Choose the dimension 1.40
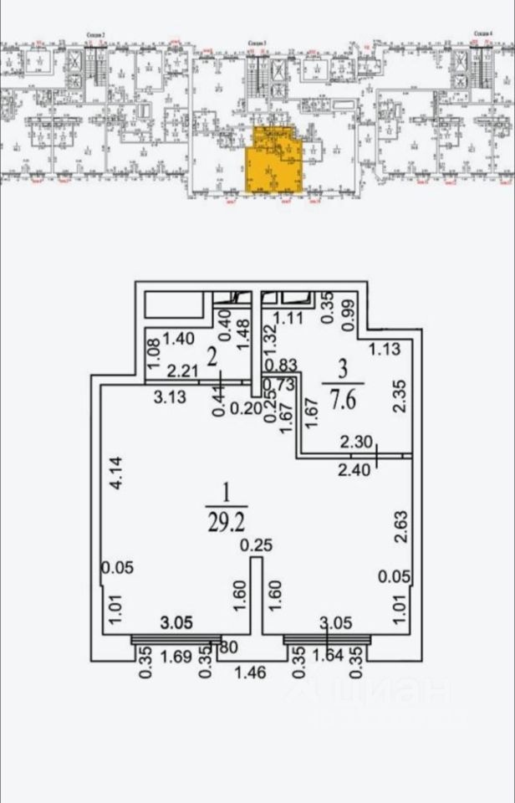pyautogui.click(x=177, y=339)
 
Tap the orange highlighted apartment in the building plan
pyautogui.click(x=268, y=162)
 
